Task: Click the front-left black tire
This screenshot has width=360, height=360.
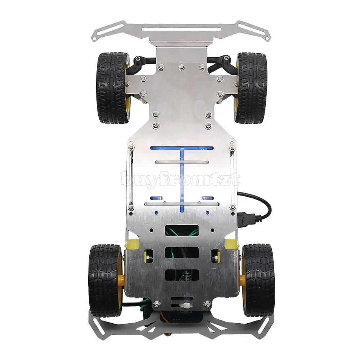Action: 112,88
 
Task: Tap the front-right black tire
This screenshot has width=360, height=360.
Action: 252,88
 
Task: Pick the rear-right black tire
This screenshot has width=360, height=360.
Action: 258,280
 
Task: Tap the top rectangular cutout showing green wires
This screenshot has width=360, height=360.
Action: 182,230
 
